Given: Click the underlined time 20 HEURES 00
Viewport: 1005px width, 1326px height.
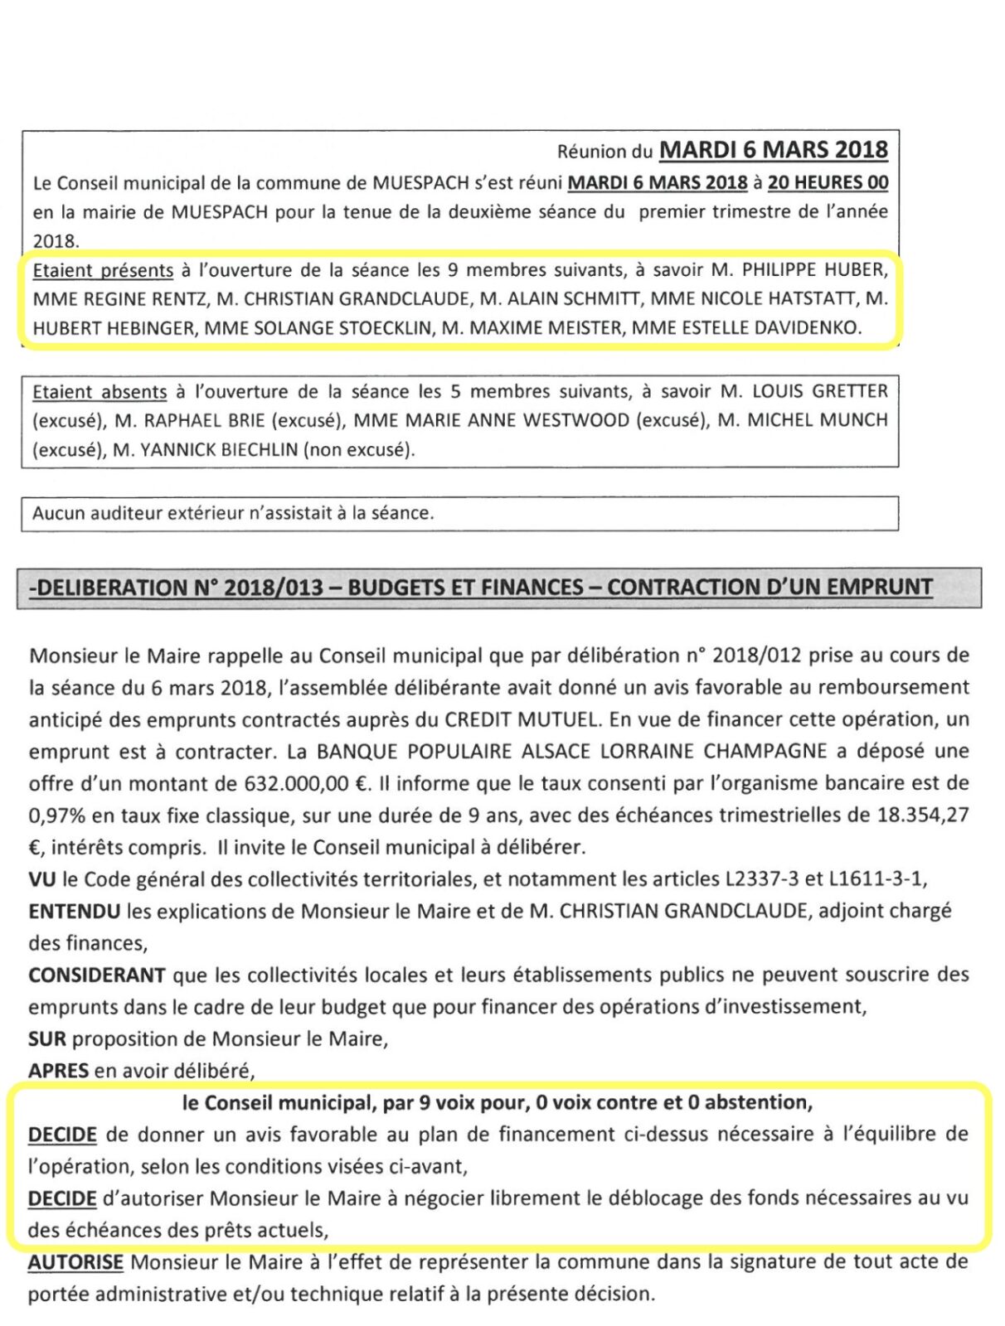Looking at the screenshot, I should point(827,182).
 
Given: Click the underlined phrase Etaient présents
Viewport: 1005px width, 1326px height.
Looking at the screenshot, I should point(103,270).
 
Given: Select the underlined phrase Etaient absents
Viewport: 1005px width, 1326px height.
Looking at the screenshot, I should point(100,392).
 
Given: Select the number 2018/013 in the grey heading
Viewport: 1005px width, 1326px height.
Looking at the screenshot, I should point(273,588).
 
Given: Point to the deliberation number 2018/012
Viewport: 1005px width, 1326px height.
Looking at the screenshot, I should point(756,656).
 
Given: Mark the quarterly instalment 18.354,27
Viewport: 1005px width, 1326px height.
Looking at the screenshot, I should point(923,815).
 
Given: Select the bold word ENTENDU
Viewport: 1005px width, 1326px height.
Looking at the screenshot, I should point(74,912).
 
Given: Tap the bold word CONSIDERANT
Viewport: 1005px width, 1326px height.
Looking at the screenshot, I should point(97,975).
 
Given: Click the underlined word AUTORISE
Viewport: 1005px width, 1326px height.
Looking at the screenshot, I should point(75,1263).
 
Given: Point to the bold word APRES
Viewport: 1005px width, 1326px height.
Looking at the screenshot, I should point(58,1071).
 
